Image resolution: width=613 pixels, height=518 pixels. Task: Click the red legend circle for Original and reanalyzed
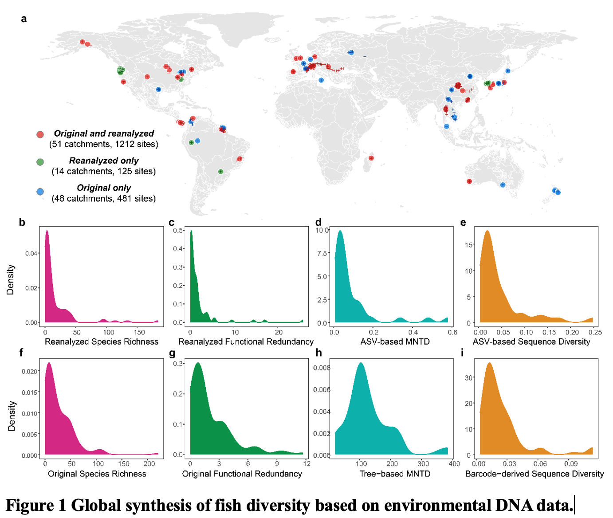pyautogui.click(x=40, y=134)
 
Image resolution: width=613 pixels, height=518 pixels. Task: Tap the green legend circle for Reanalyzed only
pyautogui.click(x=40, y=162)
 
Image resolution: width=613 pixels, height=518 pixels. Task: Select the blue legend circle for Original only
pyautogui.click(x=40, y=192)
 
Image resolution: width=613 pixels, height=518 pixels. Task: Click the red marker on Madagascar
pyautogui.click(x=371, y=158)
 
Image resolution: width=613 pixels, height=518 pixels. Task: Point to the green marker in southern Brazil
pyautogui.click(x=220, y=172)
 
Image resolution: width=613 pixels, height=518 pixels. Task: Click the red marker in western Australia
pyautogui.click(x=469, y=181)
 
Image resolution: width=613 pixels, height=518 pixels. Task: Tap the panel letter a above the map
pyautogui.click(x=24, y=19)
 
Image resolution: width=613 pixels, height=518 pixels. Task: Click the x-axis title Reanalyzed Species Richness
pyautogui.click(x=102, y=341)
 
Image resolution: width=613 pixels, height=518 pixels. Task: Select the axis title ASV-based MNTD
pyautogui.click(x=395, y=341)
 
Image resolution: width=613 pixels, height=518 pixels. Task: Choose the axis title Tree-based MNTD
pyautogui.click(x=395, y=474)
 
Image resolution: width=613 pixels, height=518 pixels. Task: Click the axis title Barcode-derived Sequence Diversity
pyautogui.click(x=534, y=474)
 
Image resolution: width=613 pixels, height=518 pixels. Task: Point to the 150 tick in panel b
pyautogui.click(x=139, y=332)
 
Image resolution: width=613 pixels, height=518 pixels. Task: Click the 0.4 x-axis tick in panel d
pyautogui.click(x=413, y=332)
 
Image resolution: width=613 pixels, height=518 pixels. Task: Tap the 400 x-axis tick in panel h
pyautogui.click(x=454, y=464)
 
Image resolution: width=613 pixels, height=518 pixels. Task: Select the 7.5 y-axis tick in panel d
pyautogui.click(x=322, y=253)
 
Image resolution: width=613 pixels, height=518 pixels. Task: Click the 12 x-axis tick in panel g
pyautogui.click(x=306, y=464)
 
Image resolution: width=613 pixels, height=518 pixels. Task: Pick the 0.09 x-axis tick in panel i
pyautogui.click(x=571, y=464)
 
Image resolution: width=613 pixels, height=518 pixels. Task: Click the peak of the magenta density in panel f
pyautogui.click(x=49, y=364)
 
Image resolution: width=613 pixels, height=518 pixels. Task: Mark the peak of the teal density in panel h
pyautogui.click(x=361, y=364)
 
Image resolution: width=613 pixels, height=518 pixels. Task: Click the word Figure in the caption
pyautogui.click(x=35, y=506)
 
